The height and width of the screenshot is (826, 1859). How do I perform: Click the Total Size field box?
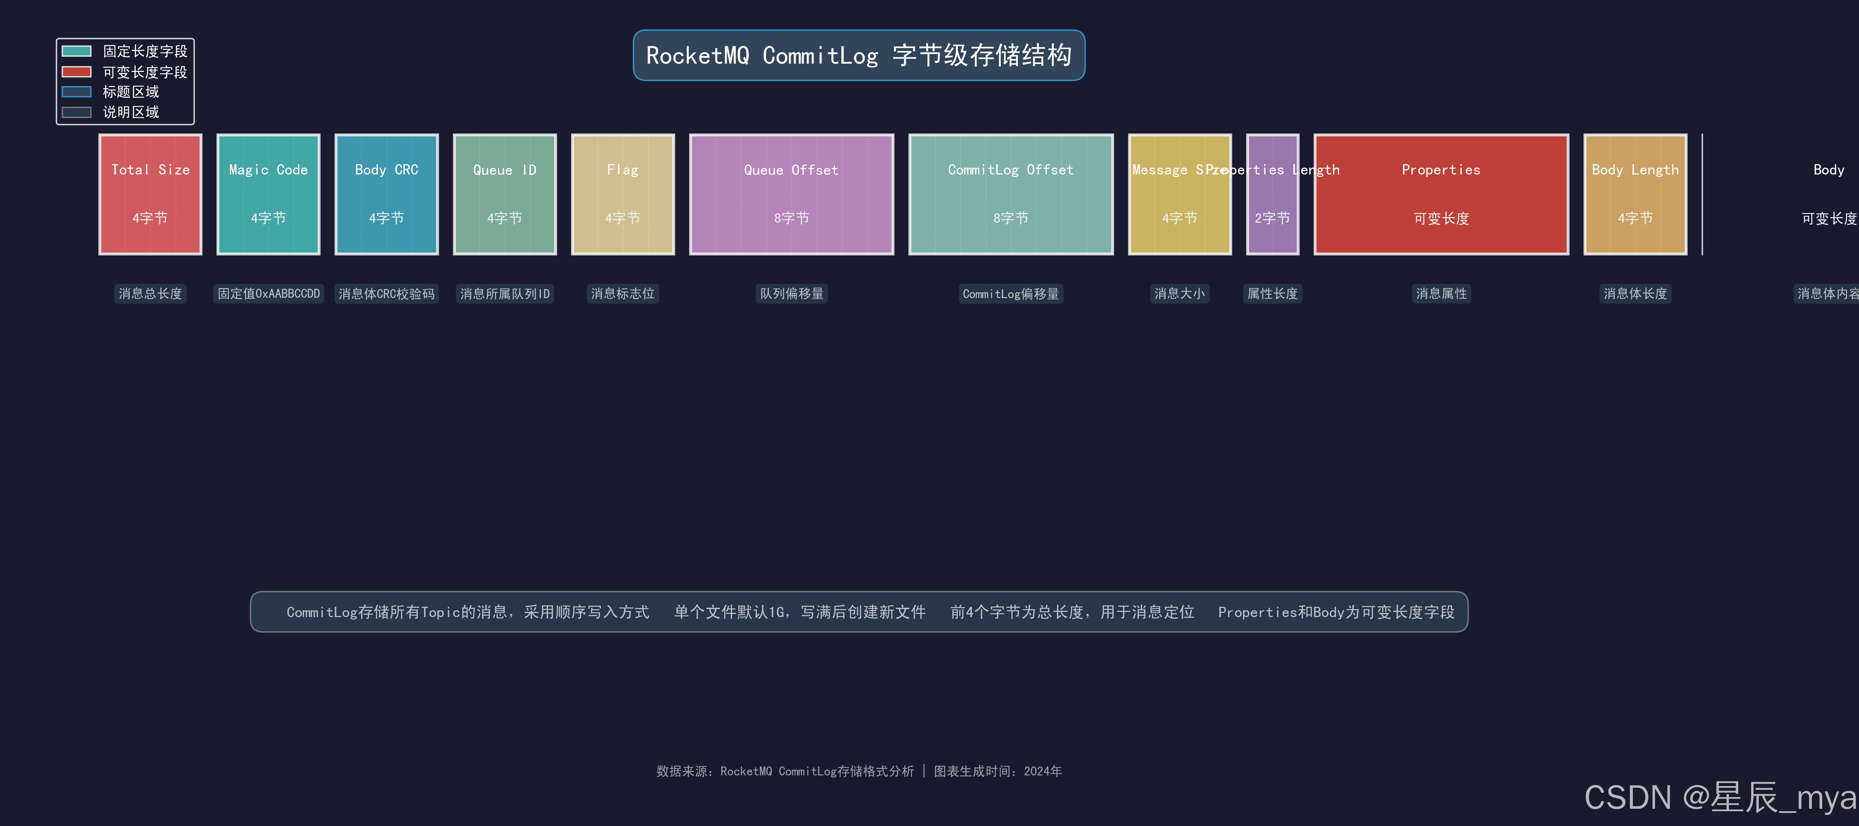click(x=150, y=194)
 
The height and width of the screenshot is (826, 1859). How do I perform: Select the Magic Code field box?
click(x=269, y=194)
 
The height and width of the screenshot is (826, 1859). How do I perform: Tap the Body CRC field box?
click(x=387, y=194)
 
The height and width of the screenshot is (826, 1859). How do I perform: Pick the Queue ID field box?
click(x=504, y=194)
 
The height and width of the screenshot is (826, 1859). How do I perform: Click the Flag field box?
click(x=623, y=194)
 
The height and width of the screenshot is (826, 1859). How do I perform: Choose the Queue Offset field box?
click(x=792, y=194)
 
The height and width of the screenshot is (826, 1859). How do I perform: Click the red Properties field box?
click(x=1441, y=194)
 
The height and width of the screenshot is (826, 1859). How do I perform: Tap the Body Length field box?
click(x=1635, y=194)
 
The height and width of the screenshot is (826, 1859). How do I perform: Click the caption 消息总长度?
click(x=150, y=294)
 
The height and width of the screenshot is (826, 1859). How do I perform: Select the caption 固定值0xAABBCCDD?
click(x=269, y=294)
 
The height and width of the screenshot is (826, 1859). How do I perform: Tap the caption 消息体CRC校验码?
click(x=387, y=294)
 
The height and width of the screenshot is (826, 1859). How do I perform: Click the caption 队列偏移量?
click(x=792, y=294)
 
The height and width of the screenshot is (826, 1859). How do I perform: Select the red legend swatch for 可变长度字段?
click(x=76, y=72)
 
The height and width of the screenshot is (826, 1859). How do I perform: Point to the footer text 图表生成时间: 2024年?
click(x=998, y=771)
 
